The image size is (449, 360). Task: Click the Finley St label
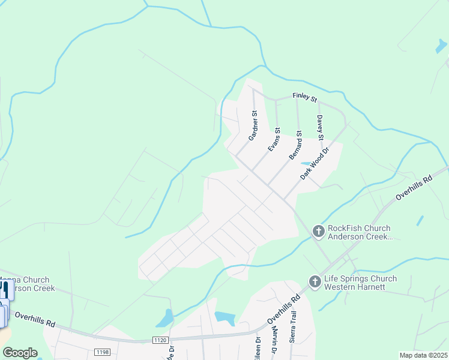pyautogui.click(x=304, y=96)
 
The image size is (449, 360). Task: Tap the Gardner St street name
pyautogui.click(x=254, y=125)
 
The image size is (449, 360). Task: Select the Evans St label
pyautogui.click(x=274, y=139)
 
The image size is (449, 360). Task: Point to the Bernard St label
pyautogui.click(x=295, y=145)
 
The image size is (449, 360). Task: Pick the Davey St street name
pyautogui.click(x=320, y=128)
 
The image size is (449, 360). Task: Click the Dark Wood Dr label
pyautogui.click(x=316, y=164)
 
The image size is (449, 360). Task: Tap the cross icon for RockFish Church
pyautogui.click(x=317, y=230)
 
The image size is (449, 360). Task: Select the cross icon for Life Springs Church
pyautogui.click(x=313, y=281)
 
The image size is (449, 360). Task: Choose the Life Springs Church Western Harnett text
pyautogui.click(x=360, y=283)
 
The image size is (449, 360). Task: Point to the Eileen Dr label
pyautogui.click(x=258, y=347)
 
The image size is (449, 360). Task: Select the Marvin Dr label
pyautogui.click(x=274, y=343)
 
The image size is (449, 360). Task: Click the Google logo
pyautogui.click(x=20, y=352)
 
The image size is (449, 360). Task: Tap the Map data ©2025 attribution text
pyautogui.click(x=423, y=355)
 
